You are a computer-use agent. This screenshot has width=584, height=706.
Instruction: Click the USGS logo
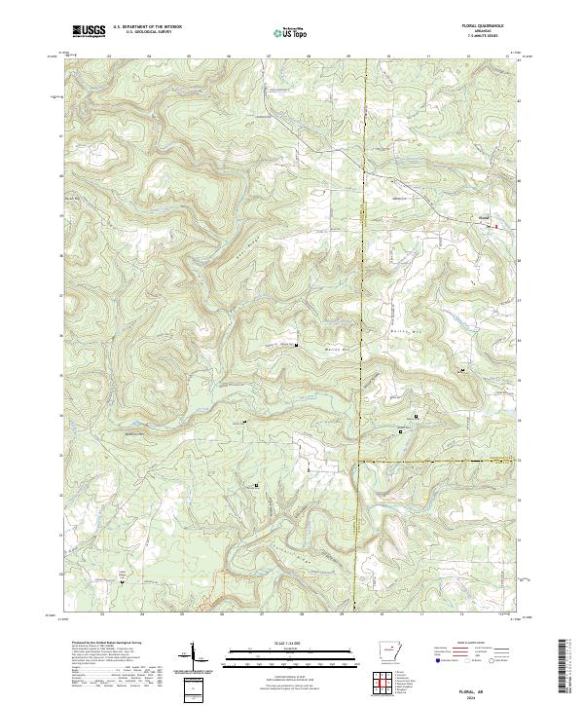89,32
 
